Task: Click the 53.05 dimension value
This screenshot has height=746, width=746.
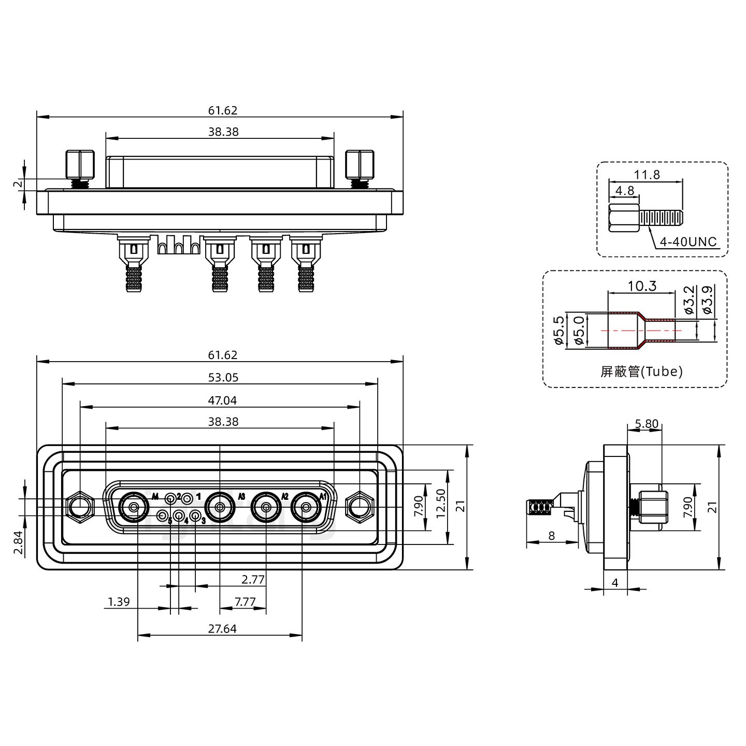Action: pyautogui.click(x=223, y=378)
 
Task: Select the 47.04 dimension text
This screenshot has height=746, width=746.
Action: pyautogui.click(x=223, y=400)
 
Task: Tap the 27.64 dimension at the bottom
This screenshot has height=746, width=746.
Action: pyautogui.click(x=222, y=628)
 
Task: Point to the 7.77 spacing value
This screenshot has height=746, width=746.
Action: pyautogui.click(x=245, y=601)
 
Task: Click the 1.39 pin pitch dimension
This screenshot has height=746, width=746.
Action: pyautogui.click(x=119, y=601)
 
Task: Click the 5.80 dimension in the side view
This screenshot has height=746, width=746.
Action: pyautogui.click(x=647, y=424)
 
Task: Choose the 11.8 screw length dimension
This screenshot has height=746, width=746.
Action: pyautogui.click(x=647, y=175)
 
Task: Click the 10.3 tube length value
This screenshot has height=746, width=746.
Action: pyautogui.click(x=642, y=285)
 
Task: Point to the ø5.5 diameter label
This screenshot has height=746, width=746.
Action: pyautogui.click(x=558, y=331)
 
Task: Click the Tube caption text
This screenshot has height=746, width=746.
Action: pyautogui.click(x=641, y=371)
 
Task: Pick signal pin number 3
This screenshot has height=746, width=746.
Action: pyautogui.click(x=195, y=515)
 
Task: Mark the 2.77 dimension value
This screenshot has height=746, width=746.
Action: pyautogui.click(x=253, y=579)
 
